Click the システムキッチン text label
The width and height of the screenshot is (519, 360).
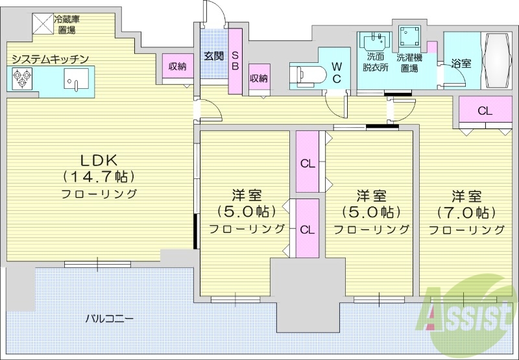pyautogui.click(x=49, y=59)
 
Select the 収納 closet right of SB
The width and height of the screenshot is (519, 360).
pyautogui.click(x=259, y=78)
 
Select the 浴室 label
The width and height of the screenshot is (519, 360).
pyautogui.click(x=461, y=64)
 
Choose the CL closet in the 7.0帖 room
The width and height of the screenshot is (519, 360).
pyautogui.click(x=485, y=111)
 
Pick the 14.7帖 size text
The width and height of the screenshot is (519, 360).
pyautogui.click(x=99, y=176)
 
